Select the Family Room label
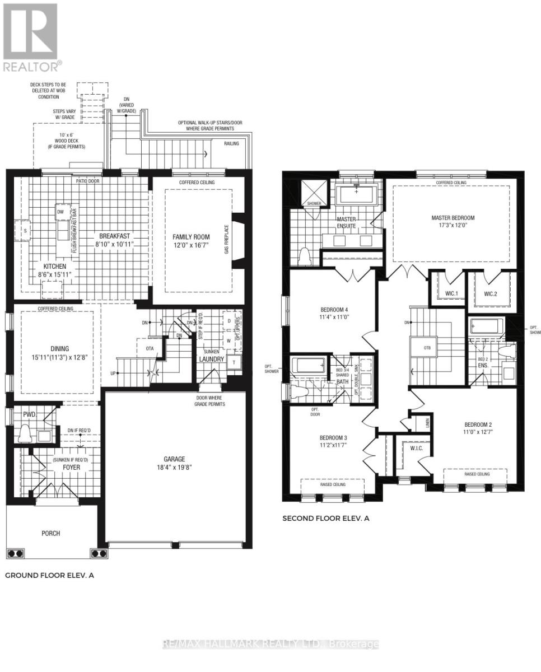(x=191, y=236)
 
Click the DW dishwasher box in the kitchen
(x=60, y=212)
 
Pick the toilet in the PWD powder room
(x=25, y=432)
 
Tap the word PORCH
(x=50, y=533)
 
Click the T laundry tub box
(x=234, y=363)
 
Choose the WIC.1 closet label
(x=446, y=293)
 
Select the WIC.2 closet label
(x=491, y=293)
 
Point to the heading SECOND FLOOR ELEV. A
(x=325, y=519)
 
